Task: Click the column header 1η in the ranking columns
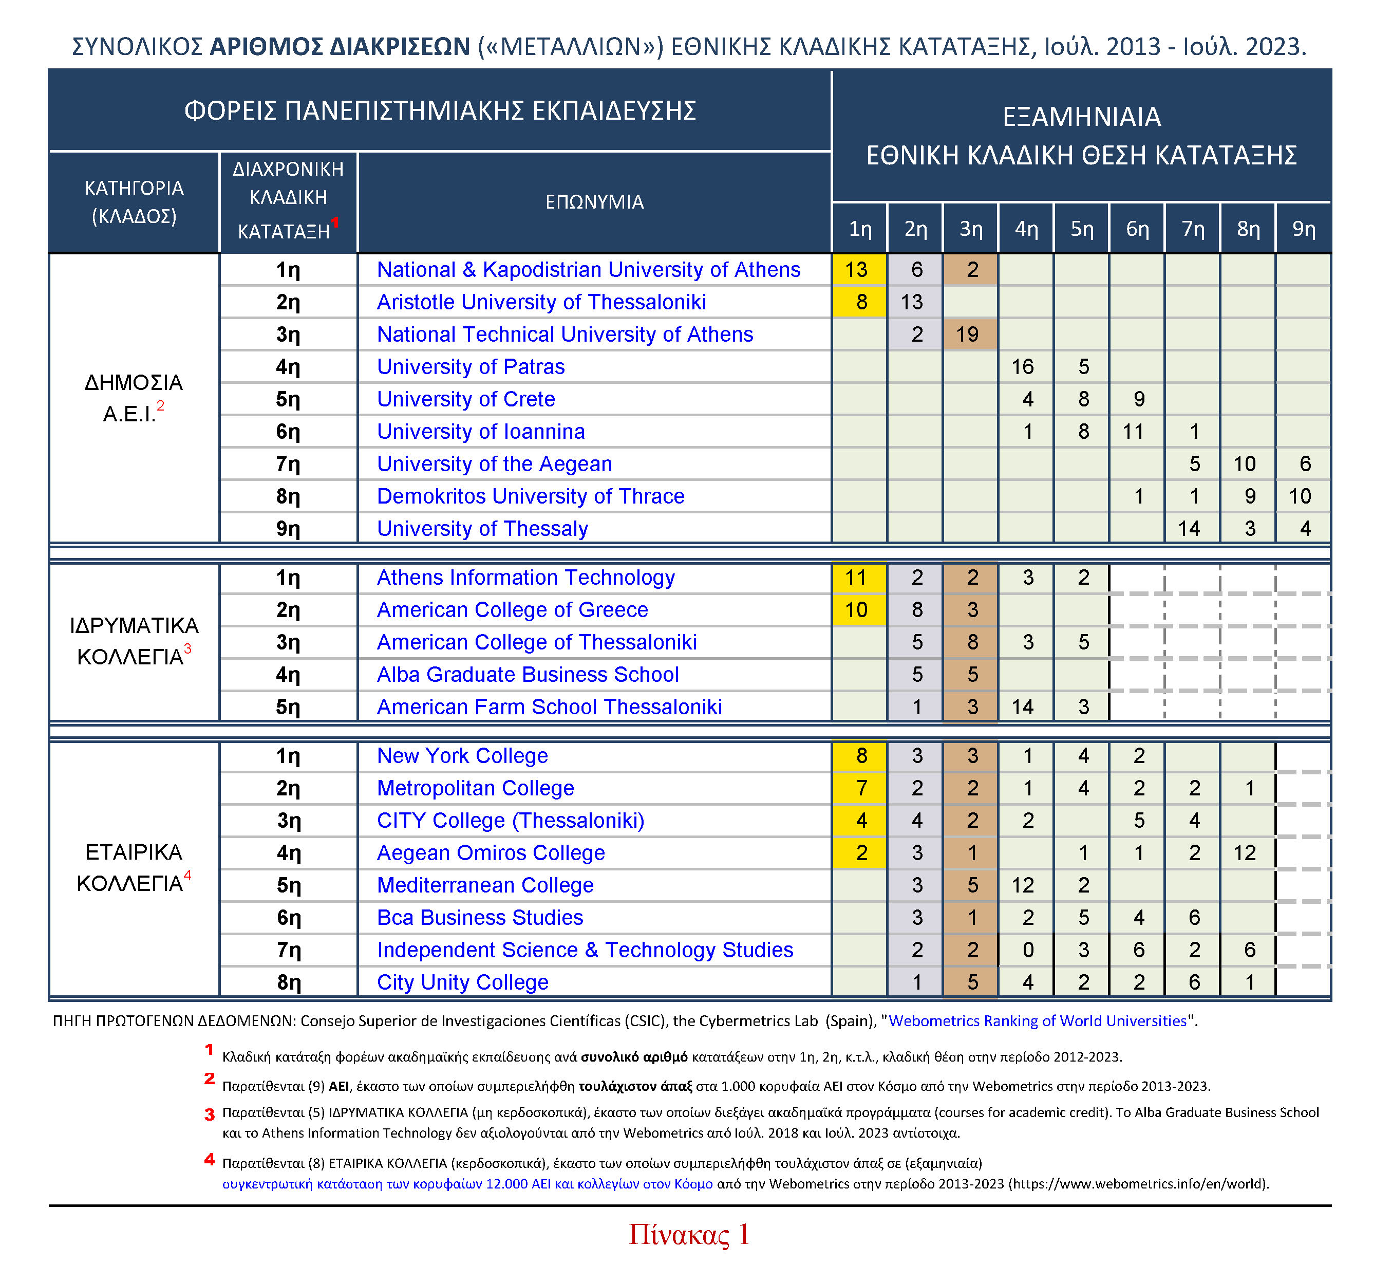click(x=860, y=229)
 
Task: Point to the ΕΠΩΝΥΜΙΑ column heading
click(x=594, y=202)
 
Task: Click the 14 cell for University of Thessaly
click(x=1190, y=529)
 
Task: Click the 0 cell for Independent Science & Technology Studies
click(x=1028, y=950)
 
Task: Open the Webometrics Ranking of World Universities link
click(x=1038, y=1020)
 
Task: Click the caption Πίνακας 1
click(x=689, y=1235)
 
